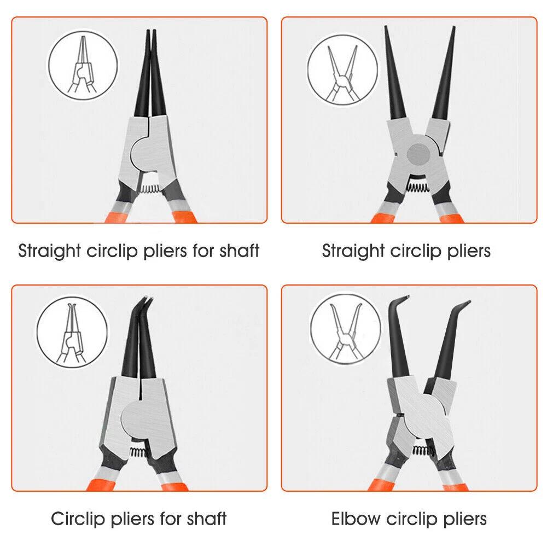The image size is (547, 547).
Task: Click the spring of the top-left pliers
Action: tap(149, 189)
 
